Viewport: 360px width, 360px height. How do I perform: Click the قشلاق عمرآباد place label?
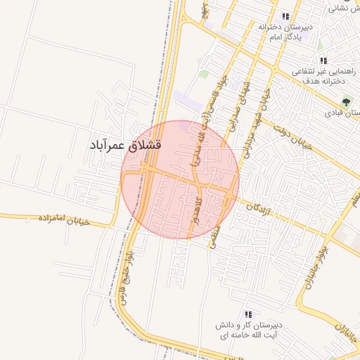click(x=126, y=145)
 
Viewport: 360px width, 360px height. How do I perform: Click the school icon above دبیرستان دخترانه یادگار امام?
click(x=285, y=16)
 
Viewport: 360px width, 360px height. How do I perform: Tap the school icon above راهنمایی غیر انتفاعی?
click(x=323, y=60)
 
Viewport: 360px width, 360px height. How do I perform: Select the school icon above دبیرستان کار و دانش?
click(x=247, y=314)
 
